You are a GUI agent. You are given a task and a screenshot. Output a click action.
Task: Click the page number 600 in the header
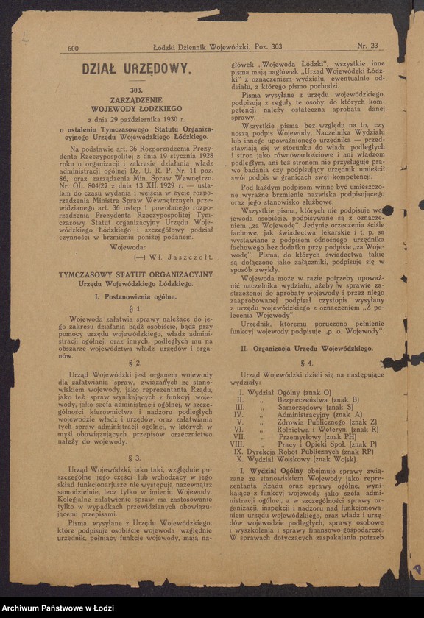(x=74, y=49)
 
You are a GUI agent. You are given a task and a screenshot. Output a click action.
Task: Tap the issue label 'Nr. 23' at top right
(x=367, y=46)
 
